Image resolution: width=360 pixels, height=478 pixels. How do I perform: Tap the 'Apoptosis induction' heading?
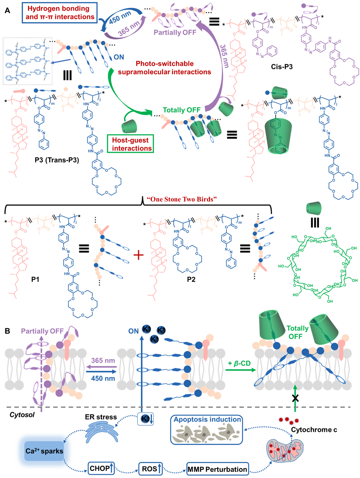coord(206,419)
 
